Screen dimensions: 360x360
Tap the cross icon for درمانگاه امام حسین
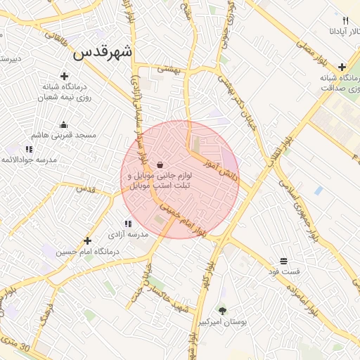pos(87,241)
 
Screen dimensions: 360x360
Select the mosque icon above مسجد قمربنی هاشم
pos(64,124)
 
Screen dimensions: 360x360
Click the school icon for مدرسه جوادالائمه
pos(29,149)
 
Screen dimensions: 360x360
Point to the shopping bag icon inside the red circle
pos(161,165)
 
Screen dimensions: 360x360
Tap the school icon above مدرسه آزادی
pos(128,224)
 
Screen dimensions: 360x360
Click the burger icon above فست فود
pos(283,260)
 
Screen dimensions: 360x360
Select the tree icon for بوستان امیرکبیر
pos(223,310)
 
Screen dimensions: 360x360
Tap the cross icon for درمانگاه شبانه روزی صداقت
pos(341,67)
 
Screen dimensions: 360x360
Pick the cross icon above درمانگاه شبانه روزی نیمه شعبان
pos(64,76)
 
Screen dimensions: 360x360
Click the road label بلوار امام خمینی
pos(183,219)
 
